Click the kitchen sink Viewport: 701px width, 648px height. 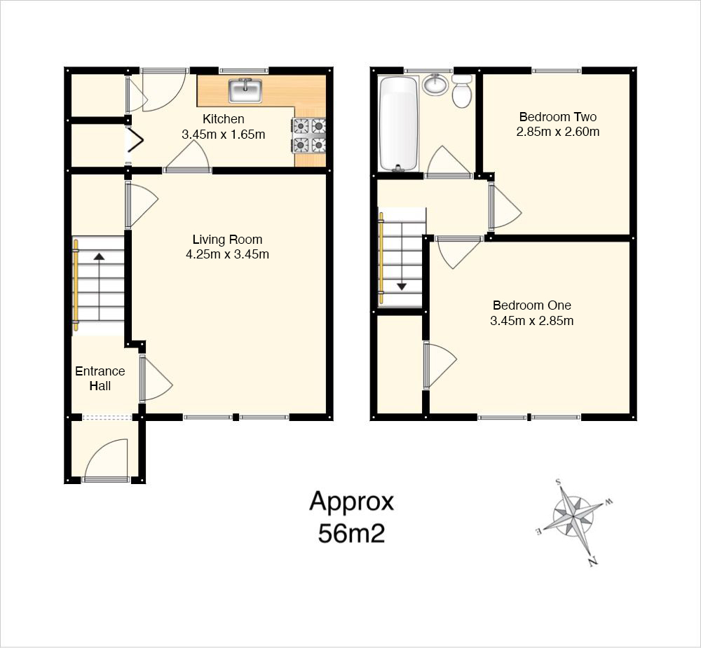[x=245, y=90]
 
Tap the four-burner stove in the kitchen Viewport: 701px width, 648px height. [x=309, y=135]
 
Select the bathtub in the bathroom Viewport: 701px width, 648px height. [x=398, y=124]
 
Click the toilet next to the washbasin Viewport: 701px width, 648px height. [x=462, y=91]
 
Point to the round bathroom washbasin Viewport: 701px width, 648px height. [x=435, y=84]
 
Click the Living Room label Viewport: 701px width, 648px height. [x=227, y=240]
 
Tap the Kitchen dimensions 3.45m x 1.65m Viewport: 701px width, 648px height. [x=224, y=134]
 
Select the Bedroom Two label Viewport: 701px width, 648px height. [x=557, y=117]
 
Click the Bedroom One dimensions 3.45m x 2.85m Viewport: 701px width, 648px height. [x=531, y=321]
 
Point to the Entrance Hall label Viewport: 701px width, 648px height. [x=100, y=378]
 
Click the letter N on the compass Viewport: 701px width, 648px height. [x=593, y=561]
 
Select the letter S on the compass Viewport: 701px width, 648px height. [x=558, y=482]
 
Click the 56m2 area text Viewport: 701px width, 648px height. [x=351, y=533]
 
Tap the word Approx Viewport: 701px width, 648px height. [x=351, y=502]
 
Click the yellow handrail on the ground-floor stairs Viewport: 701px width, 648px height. [x=76, y=286]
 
